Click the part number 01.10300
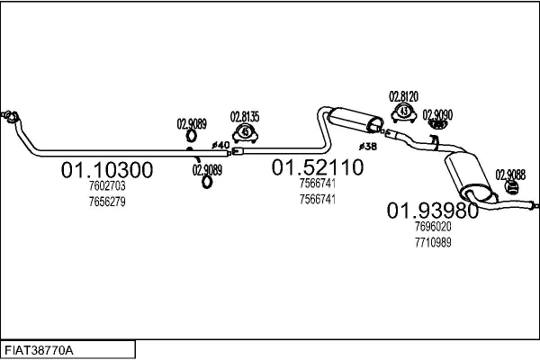107,170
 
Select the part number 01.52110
317,167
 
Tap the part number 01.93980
433,211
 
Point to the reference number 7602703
107,186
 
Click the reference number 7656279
107,202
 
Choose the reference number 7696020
433,226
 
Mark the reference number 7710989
433,242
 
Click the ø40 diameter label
220,145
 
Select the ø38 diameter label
368,147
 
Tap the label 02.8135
245,117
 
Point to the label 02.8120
403,96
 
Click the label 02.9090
437,115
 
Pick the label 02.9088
510,175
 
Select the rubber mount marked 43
404,112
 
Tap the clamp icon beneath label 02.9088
512,187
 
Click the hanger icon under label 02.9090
437,124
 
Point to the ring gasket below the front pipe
207,182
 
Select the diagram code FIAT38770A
39,351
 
